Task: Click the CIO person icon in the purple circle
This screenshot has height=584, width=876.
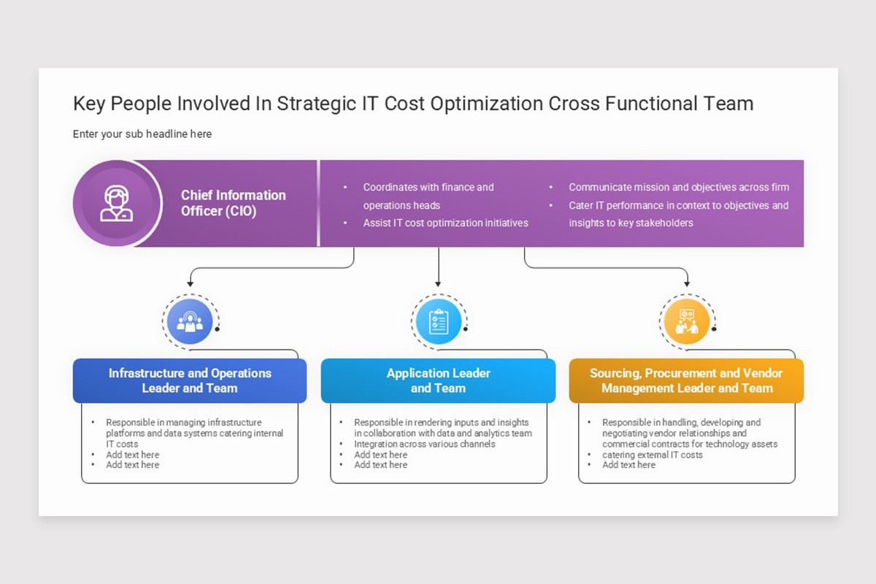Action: coord(117,204)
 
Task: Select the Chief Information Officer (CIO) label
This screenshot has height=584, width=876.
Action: coord(233,204)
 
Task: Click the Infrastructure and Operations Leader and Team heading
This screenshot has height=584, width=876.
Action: coord(190,380)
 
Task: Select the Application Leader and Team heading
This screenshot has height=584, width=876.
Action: coord(438,380)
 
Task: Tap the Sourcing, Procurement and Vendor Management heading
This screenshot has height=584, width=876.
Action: coord(686,380)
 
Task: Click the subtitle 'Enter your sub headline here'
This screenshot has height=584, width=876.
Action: coord(142,134)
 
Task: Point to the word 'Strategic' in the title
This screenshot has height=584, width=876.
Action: coord(318,104)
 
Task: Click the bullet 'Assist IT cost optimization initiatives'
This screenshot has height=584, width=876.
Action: coord(445,223)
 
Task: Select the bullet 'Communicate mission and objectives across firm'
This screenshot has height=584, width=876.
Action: coord(679,188)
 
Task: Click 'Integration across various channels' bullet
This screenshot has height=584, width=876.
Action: coord(424,444)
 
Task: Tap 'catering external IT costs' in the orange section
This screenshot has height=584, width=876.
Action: coord(652,455)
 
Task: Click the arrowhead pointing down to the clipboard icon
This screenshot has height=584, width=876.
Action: coord(438,283)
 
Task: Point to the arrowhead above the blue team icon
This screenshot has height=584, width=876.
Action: coord(190,283)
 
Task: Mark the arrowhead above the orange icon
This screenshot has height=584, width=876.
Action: coord(686,283)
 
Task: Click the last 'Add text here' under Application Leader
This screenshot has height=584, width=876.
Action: coord(380,465)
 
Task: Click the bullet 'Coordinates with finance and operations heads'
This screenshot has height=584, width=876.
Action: coord(429,196)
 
